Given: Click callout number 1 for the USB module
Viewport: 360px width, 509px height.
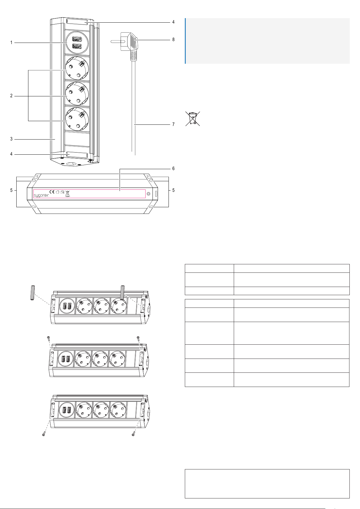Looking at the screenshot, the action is coord(11,43).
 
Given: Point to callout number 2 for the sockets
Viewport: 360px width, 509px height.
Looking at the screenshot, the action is coord(11,96).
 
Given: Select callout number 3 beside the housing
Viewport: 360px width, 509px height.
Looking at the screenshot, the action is coord(11,139).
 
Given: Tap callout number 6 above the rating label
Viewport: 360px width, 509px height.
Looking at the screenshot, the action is coord(173,168).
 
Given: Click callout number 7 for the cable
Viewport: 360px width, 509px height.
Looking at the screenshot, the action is coord(173,124).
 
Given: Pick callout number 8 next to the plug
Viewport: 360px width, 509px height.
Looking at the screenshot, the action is coord(173,40).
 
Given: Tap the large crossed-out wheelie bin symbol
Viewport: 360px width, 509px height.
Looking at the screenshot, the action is coord(193,119).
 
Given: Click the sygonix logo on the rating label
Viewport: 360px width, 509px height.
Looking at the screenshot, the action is coord(41,195).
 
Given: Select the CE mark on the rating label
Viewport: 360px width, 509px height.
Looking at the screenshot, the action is coord(52,192).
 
